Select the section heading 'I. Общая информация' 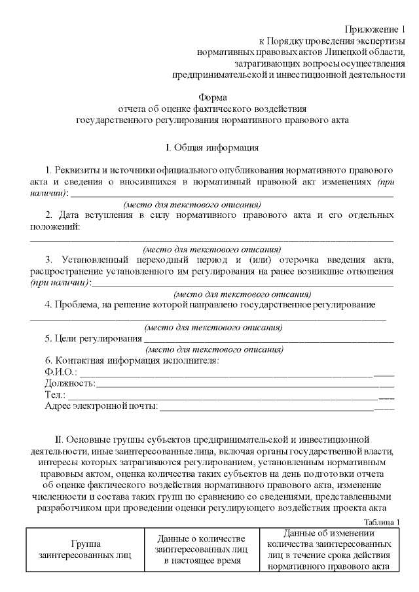point(212,147)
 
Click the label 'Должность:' point(69,383)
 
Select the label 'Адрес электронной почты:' point(101,406)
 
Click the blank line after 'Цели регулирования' point(268,339)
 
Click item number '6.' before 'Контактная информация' point(49,361)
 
